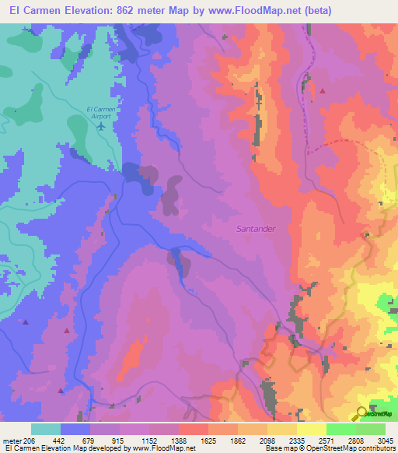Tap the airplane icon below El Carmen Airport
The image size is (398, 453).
[x=102, y=127]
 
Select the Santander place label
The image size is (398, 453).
[x=256, y=229]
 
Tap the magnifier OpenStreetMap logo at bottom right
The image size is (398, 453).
[x=362, y=414]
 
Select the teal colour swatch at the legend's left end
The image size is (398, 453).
[x=46, y=429]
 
